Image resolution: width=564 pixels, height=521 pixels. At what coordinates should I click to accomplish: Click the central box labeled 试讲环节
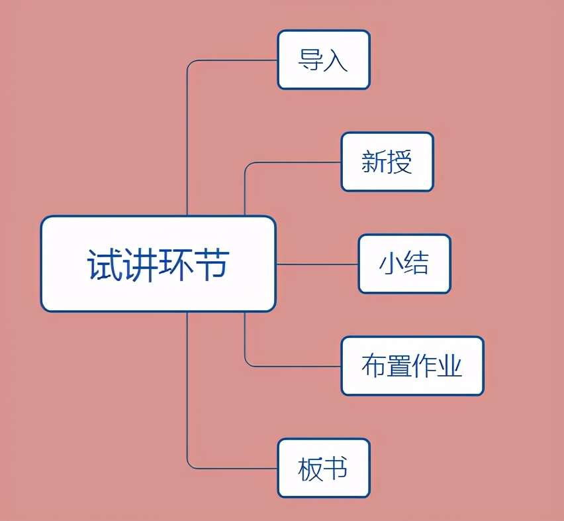(x=158, y=264)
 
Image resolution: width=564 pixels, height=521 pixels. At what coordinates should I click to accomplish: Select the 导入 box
(x=323, y=60)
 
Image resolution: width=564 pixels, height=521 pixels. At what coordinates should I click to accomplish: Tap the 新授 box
(x=387, y=162)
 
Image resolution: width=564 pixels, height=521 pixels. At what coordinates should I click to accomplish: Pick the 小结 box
(x=404, y=264)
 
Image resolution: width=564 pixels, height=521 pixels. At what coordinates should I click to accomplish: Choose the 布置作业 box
(x=412, y=366)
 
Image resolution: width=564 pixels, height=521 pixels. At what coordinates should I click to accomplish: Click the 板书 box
(x=323, y=468)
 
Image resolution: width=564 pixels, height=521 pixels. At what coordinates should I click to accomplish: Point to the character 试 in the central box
(x=105, y=264)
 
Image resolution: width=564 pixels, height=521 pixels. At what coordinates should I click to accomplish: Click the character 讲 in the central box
(x=140, y=264)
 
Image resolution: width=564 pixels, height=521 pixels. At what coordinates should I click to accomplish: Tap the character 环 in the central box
(x=175, y=264)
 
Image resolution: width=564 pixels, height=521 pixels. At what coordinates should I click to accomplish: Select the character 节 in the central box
(x=211, y=264)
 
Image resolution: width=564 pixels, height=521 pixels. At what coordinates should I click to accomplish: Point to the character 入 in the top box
(x=336, y=60)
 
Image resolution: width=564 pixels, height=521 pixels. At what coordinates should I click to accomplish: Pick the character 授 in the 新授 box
(x=400, y=162)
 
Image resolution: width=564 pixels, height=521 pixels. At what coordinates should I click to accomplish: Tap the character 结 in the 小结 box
(x=416, y=264)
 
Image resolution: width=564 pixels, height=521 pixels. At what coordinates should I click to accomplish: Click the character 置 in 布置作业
(x=399, y=366)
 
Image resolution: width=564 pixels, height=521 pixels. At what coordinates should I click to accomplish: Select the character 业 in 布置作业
(x=449, y=366)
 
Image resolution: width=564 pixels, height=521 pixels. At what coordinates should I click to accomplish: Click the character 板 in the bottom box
(x=310, y=469)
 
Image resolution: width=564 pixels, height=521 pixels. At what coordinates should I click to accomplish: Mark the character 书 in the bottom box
(x=336, y=469)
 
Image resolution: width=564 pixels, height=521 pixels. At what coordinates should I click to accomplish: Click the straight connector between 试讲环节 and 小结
(x=316, y=264)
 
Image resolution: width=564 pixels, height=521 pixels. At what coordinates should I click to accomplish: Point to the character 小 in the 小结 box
(x=391, y=264)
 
